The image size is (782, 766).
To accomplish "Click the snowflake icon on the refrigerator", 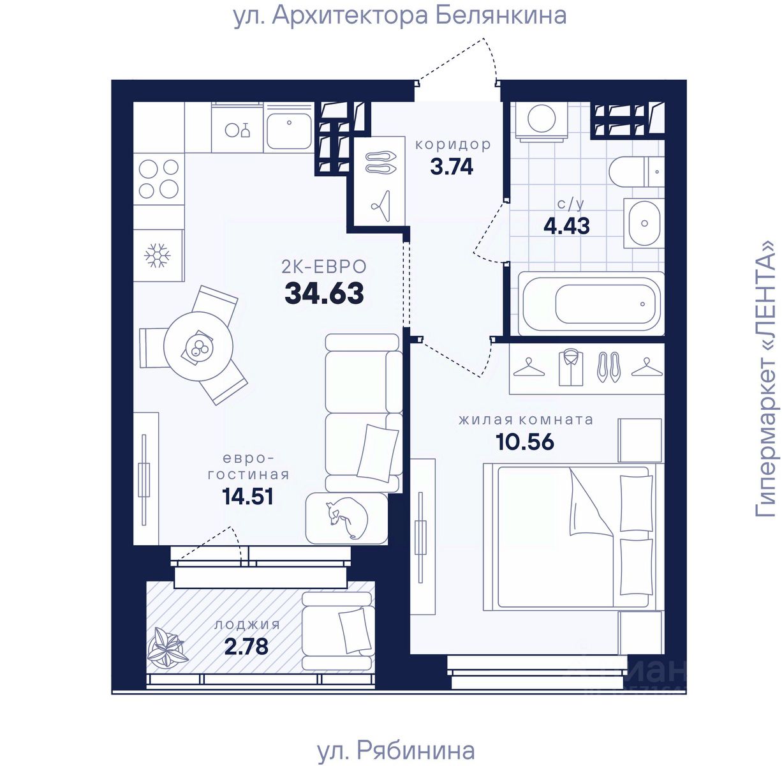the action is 158,255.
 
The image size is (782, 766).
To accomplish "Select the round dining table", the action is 198,345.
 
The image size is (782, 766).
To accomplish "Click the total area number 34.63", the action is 324,294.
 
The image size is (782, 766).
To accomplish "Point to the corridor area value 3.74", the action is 452,167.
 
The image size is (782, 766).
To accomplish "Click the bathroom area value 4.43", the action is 566,226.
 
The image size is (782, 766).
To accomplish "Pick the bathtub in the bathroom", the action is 591,304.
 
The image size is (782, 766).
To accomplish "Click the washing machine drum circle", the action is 542,118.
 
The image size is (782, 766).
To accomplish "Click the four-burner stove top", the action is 159,178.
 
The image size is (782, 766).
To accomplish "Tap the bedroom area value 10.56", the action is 525,442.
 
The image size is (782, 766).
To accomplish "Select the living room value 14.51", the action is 247,496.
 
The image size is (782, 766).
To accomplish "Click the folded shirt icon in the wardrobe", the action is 571,368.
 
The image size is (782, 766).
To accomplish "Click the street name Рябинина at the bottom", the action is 415,751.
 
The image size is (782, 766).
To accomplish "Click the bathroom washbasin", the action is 644,223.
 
